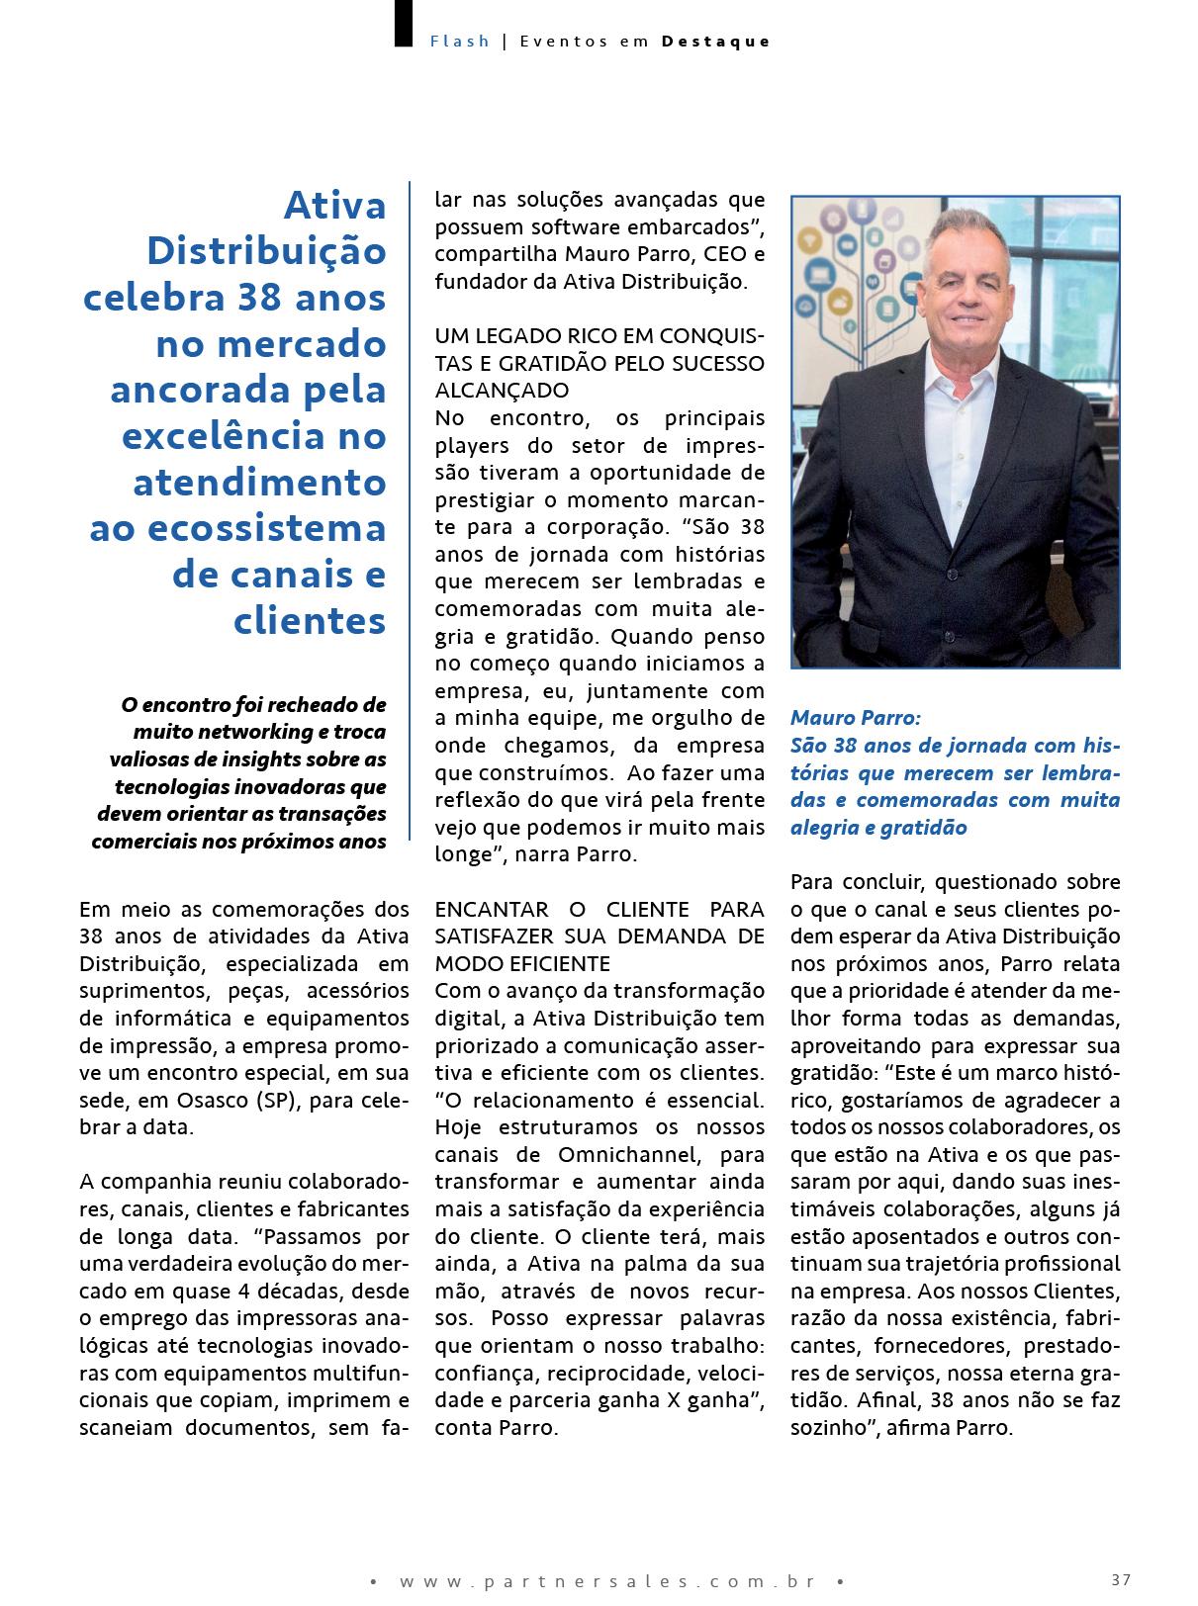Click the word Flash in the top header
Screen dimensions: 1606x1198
[x=460, y=42]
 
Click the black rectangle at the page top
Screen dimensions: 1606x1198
[x=403, y=23]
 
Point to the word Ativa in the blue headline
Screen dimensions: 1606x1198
[x=334, y=206]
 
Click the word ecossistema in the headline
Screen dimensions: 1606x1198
[x=267, y=528]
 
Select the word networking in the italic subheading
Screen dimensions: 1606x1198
[x=251, y=732]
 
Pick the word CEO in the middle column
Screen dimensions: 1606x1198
[x=725, y=254]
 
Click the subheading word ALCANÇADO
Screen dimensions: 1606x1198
[x=502, y=390]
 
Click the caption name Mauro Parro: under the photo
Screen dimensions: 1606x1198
[x=855, y=717]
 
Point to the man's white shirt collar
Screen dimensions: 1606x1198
[x=955, y=371]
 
